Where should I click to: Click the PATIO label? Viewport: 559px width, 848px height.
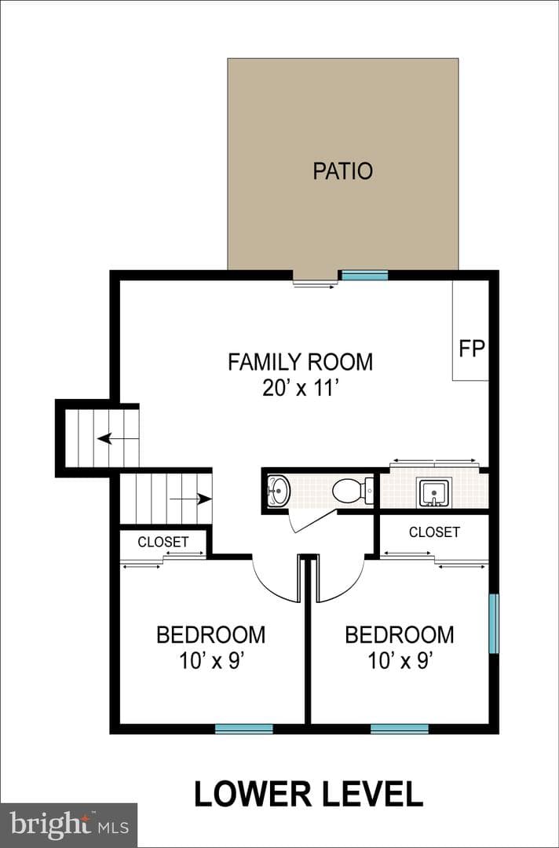point(343,171)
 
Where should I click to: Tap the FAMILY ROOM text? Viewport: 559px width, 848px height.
point(301,362)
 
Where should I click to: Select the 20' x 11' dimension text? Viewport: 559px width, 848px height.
point(301,388)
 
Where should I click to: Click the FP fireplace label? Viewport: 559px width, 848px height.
point(472,349)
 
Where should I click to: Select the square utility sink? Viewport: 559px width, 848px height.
point(433,492)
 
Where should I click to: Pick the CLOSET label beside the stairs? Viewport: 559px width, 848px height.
point(163,542)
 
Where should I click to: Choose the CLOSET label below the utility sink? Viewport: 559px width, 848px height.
point(434,532)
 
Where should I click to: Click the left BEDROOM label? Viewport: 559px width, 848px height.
point(211,635)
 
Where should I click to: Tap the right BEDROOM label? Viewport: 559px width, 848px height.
point(400,635)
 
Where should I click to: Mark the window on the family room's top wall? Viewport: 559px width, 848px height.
point(364,276)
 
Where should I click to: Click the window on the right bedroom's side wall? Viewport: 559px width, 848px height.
point(494,623)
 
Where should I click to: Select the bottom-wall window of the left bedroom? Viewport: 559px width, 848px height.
point(244,729)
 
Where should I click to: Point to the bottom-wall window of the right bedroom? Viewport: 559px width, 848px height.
point(400,729)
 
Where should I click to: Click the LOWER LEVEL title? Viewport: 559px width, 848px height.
point(308,794)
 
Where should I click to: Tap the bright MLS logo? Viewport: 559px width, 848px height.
point(68,825)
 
